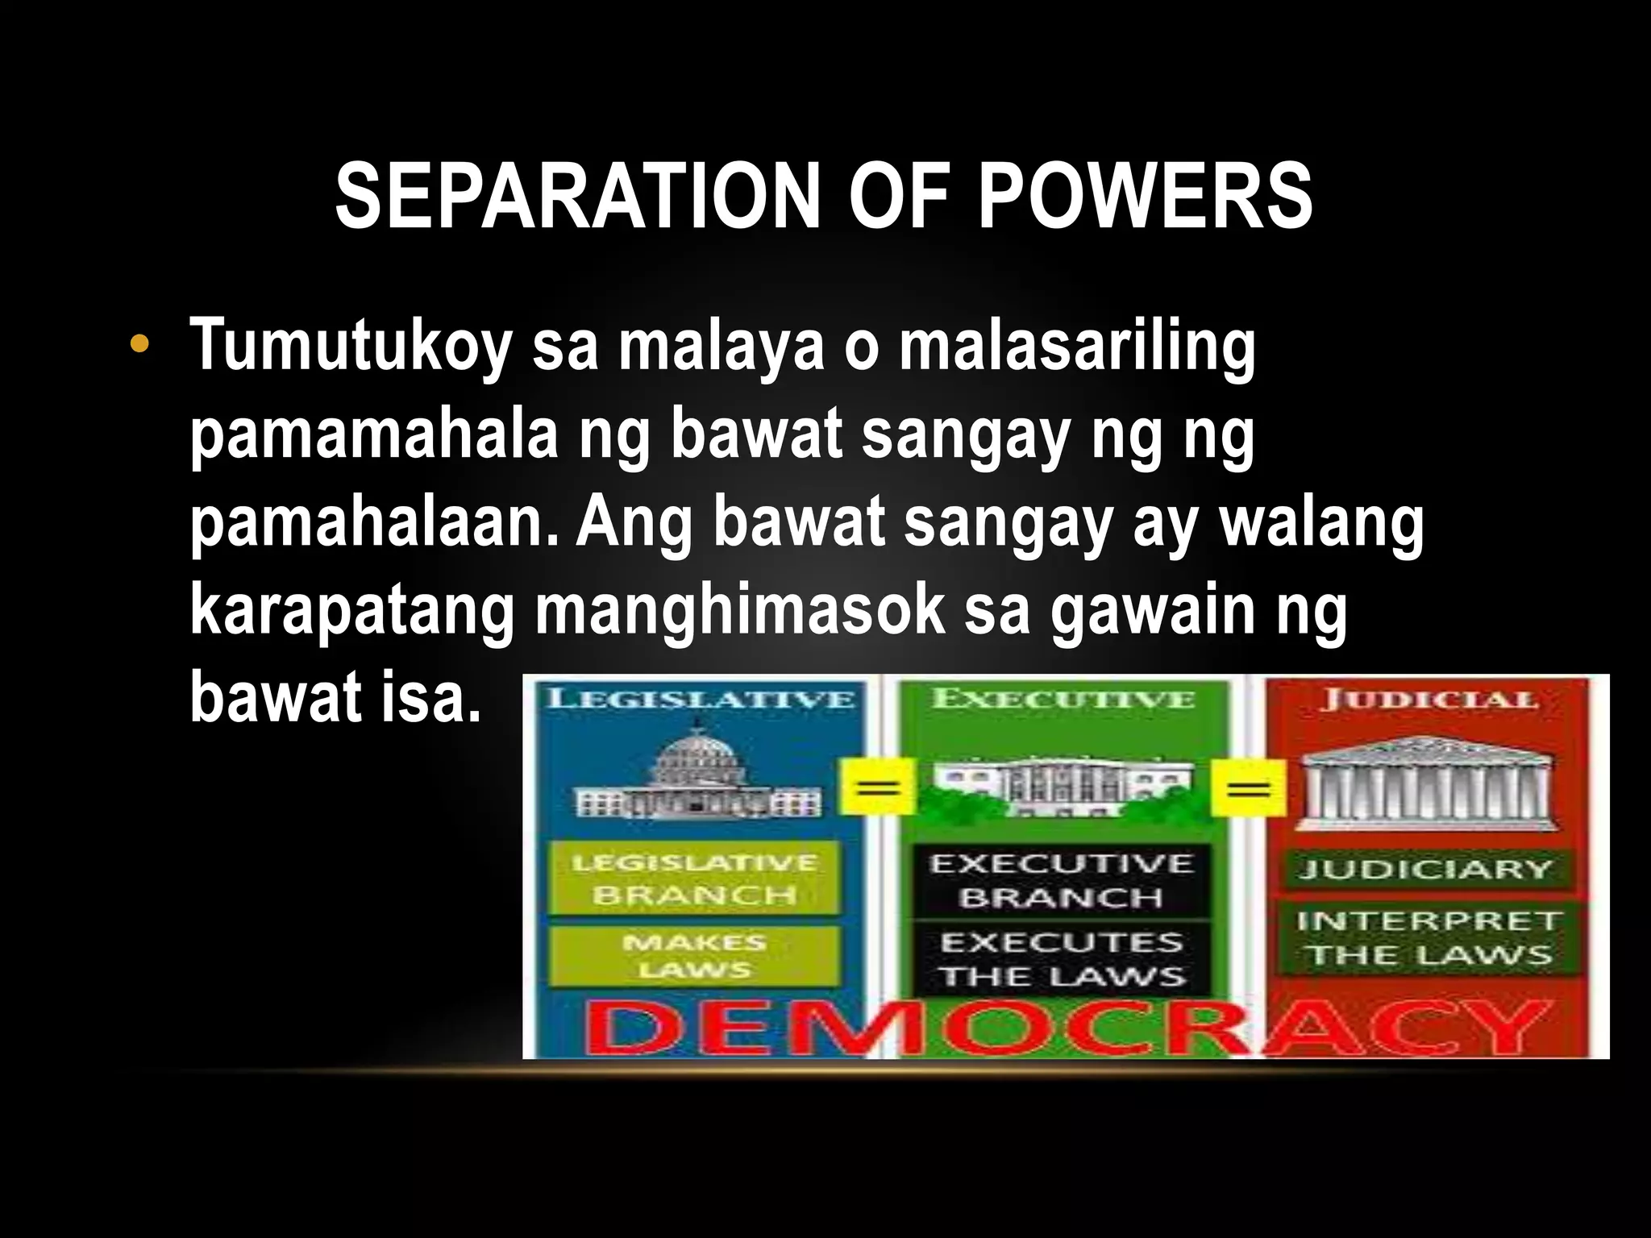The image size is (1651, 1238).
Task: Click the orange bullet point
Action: [x=139, y=345]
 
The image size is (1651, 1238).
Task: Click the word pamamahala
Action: [x=374, y=436]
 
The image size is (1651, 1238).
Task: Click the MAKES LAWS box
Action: [x=694, y=956]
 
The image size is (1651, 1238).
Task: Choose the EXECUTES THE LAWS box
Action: [x=1062, y=958]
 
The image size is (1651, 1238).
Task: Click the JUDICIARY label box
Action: [x=1425, y=869]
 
